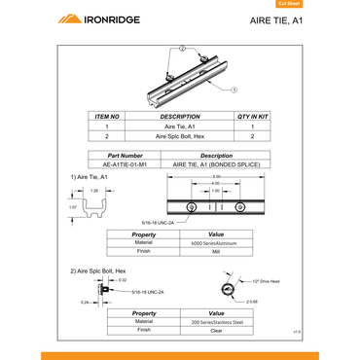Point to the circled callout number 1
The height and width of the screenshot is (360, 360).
coord(234,88)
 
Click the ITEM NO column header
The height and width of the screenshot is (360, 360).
coord(107,116)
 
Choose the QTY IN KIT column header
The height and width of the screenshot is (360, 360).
coord(252,116)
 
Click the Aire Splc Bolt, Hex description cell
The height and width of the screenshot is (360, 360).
coord(179,136)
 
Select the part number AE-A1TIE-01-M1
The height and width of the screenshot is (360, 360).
coord(130,163)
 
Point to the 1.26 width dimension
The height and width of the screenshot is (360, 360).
coord(94,191)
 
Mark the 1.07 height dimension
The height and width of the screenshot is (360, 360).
coord(73,207)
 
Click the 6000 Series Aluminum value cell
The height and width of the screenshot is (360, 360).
coord(216,242)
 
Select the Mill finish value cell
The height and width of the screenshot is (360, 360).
coord(216,251)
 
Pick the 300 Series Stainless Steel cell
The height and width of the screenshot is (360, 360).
coord(216,321)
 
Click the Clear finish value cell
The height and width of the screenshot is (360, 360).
coord(216,330)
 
